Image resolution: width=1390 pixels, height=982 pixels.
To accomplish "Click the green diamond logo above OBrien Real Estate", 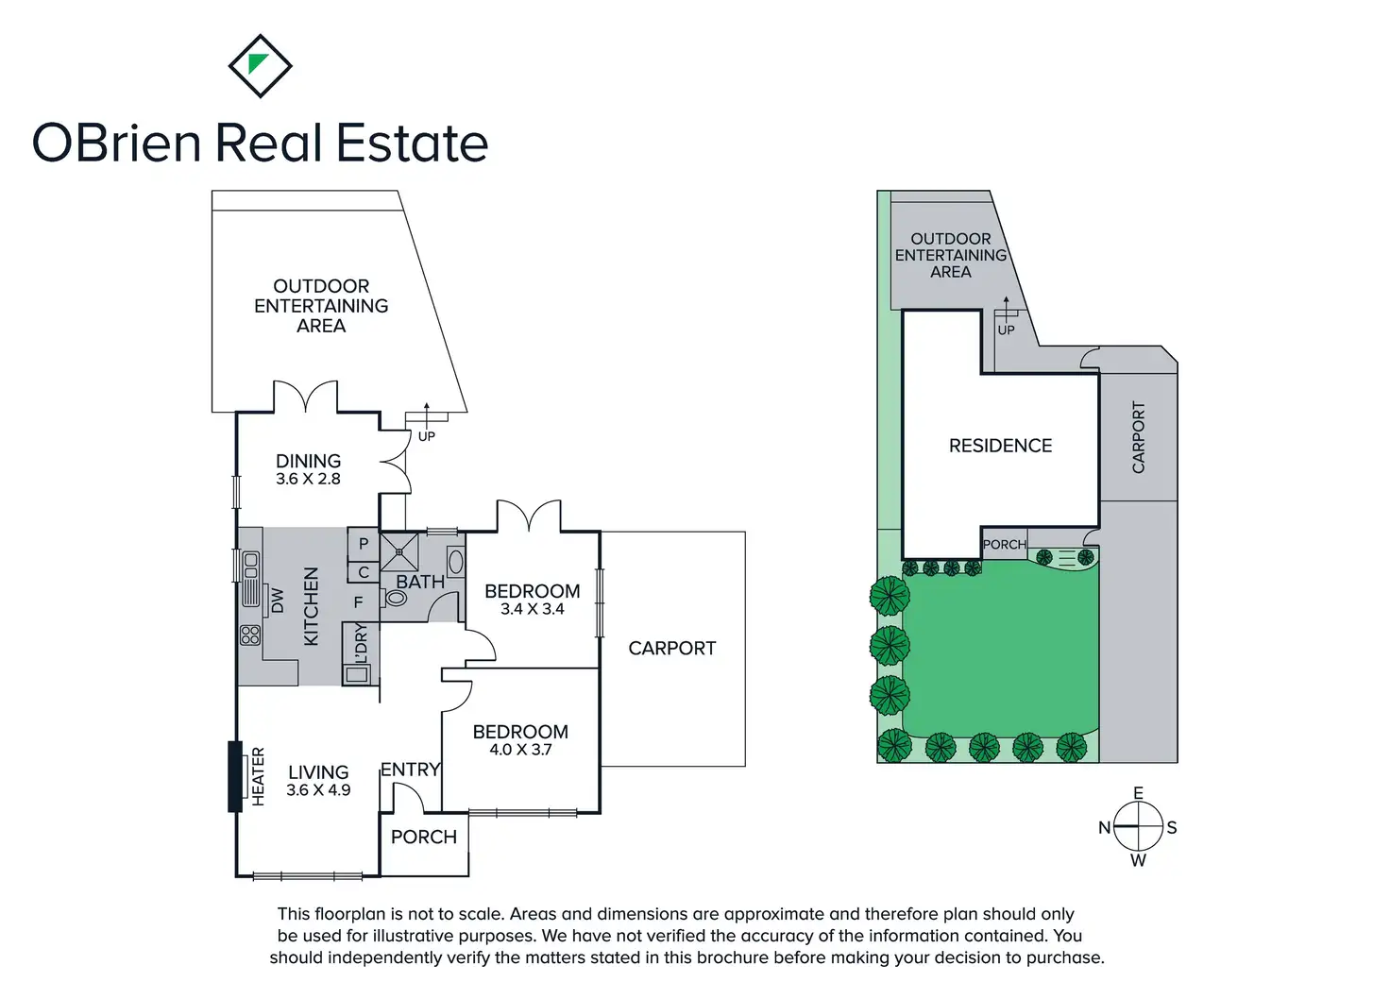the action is click(260, 66).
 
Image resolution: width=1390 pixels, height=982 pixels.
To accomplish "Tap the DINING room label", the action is click(309, 461).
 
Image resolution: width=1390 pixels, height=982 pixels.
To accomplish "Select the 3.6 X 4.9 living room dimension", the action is click(318, 789).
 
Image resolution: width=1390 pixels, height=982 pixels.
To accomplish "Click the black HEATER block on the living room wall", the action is click(235, 776).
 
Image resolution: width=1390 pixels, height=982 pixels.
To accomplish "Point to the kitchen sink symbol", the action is click(250, 578).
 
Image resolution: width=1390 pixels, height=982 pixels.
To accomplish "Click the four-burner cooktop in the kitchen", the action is click(250, 635).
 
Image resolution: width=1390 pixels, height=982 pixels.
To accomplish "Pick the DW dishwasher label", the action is click(278, 601).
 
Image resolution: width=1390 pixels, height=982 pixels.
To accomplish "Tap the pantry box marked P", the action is click(364, 544).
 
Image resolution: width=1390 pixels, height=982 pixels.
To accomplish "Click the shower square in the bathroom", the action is click(399, 551).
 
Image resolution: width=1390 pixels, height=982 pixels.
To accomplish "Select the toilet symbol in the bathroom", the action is click(396, 598).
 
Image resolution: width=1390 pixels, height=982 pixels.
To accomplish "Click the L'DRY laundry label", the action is click(361, 643).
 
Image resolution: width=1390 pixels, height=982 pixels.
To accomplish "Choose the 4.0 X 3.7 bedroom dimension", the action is click(520, 750).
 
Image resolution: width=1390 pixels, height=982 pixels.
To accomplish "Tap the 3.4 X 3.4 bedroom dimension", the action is click(533, 608).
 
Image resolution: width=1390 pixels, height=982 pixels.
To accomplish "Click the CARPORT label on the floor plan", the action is click(672, 649).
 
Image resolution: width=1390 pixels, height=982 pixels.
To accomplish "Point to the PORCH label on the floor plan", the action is click(424, 837).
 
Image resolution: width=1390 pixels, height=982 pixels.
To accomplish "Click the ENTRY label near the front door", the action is click(410, 770).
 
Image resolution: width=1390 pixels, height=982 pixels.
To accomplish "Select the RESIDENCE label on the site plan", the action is click(1000, 446).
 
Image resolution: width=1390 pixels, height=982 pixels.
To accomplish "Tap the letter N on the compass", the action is click(1105, 827).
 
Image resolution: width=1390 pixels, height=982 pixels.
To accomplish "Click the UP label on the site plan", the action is click(1006, 330).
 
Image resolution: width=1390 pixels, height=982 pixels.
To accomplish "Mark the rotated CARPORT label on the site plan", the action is click(1138, 437).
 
